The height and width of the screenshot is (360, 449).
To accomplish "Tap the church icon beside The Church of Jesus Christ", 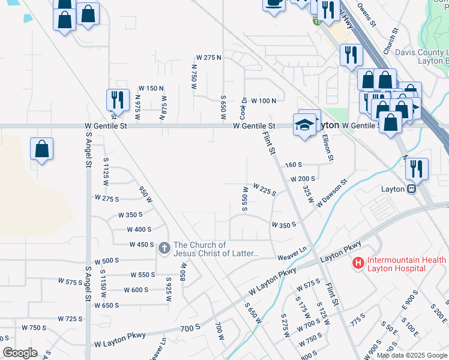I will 164,247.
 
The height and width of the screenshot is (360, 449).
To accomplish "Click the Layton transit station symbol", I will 412,188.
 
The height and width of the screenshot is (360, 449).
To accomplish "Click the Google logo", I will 20,353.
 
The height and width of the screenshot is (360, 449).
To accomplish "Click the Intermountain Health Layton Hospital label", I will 406,264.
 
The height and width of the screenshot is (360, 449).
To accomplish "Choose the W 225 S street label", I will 264,190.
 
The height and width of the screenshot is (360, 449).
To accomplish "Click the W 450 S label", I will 142,245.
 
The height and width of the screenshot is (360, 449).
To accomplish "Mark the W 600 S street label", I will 136,290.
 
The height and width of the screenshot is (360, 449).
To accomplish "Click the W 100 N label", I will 264,100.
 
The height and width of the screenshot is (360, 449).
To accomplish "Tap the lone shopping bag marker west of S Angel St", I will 42,149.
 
